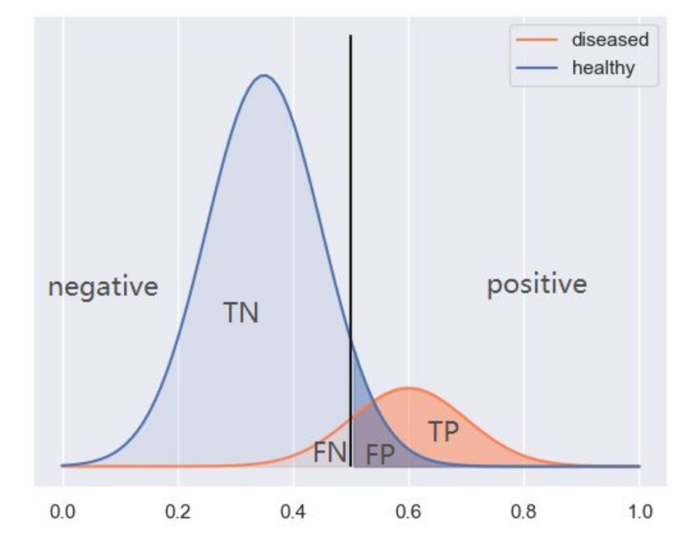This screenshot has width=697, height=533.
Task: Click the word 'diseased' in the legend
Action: pyautogui.click(x=610, y=39)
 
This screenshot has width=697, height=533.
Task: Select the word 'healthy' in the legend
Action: pyautogui.click(x=603, y=67)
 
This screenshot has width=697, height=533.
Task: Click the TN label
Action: pyautogui.click(x=241, y=314)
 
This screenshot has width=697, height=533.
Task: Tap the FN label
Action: pyautogui.click(x=330, y=452)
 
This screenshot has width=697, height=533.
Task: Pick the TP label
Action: pyautogui.click(x=443, y=432)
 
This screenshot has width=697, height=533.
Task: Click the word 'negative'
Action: pyautogui.click(x=103, y=287)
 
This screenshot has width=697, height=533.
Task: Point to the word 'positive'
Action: pyautogui.click(x=537, y=285)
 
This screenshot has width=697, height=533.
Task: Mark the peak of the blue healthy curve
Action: pyautogui.click(x=263, y=75)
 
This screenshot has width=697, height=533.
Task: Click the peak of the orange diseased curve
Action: pyautogui.click(x=408, y=388)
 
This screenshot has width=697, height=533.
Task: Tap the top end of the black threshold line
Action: pyautogui.click(x=350, y=35)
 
